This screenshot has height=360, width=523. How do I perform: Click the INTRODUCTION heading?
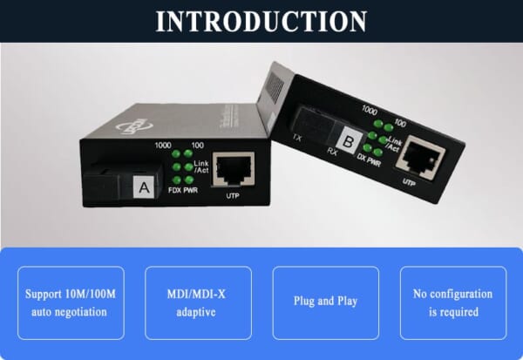[x=261, y=21]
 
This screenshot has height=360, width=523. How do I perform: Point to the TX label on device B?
[x=298, y=139]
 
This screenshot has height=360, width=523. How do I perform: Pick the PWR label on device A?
[x=189, y=188]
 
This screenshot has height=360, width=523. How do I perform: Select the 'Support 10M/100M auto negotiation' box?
[x=75, y=302]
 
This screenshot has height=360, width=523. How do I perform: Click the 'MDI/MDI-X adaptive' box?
[x=198, y=302]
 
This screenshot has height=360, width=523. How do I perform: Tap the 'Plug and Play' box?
[x=325, y=302]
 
